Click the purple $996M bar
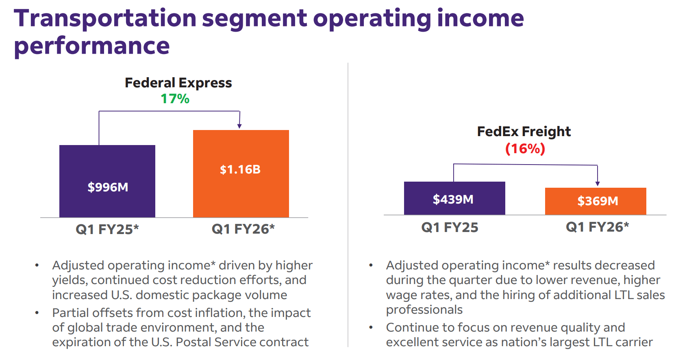[x=107, y=181]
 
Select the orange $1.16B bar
[x=241, y=173]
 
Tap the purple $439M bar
[x=454, y=198]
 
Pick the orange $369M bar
[x=595, y=201]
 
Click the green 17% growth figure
[x=175, y=99]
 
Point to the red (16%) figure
[x=525, y=149]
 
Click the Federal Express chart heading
[x=178, y=83]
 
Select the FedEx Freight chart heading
[x=524, y=132]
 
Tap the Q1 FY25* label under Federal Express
[x=107, y=230]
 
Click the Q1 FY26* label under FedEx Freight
[x=597, y=227]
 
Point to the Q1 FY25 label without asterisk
[x=450, y=228]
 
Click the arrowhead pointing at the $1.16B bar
[x=239, y=126]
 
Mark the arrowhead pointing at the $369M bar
[x=597, y=184]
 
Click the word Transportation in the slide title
[x=105, y=18]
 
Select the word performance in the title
[x=92, y=46]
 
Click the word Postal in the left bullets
[x=193, y=342]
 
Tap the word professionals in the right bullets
[x=424, y=310]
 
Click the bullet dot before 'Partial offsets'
[x=37, y=313]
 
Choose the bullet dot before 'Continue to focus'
[x=371, y=327]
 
